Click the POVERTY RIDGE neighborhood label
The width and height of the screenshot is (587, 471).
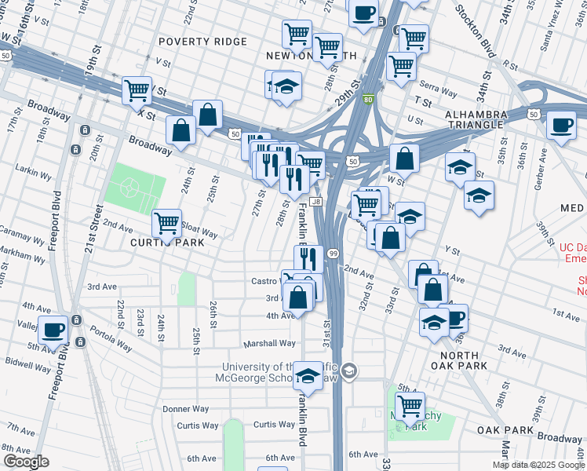[x=196, y=41]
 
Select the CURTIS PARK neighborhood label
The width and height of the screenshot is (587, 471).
[x=167, y=243]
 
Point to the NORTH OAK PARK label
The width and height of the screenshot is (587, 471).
[x=459, y=360]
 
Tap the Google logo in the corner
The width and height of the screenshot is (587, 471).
[x=26, y=462]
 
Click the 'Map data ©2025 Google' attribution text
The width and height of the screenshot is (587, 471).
[x=538, y=465]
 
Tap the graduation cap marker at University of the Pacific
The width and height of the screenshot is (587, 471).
[x=308, y=376]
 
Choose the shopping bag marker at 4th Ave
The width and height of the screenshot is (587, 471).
[x=298, y=298]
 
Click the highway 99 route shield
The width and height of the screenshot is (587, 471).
[x=334, y=253]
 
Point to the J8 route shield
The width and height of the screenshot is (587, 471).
[x=316, y=202]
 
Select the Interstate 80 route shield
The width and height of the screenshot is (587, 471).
[x=368, y=99]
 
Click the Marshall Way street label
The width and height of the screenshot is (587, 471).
[x=269, y=343]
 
